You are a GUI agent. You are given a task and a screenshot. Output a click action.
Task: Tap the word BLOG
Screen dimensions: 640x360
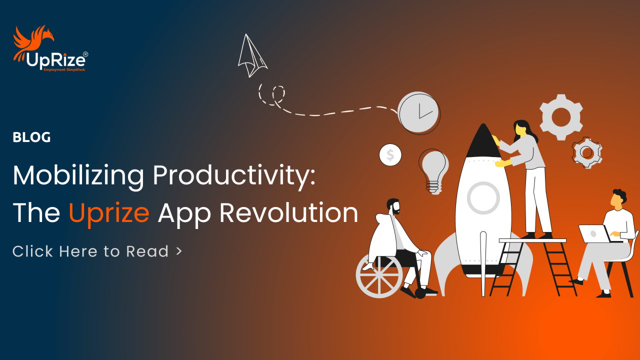tap(31, 137)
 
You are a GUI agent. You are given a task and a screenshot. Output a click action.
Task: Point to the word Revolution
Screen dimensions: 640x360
tap(289, 212)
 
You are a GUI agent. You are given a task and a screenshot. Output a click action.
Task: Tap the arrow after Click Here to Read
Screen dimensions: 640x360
tap(179, 251)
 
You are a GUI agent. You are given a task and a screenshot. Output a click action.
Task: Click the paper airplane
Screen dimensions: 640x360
tap(252, 55)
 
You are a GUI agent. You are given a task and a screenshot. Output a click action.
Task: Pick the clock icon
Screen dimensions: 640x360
tap(419, 113)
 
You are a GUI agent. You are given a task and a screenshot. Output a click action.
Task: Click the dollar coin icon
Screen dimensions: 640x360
tap(390, 155)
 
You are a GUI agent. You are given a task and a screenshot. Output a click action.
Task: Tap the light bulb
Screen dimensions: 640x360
tap(433, 171)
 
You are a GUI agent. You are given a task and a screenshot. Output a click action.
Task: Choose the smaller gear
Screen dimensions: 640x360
tap(587, 152)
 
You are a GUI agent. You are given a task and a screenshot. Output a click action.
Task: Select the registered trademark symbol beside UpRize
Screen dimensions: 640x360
tap(85, 54)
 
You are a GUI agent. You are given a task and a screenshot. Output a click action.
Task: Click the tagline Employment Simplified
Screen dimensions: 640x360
tap(64, 69)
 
